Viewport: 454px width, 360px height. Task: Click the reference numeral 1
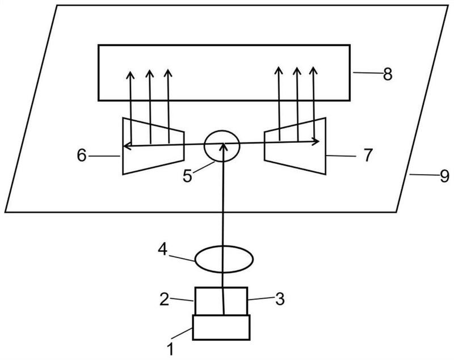tap(171, 349)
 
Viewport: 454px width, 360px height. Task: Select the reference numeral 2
tap(164, 299)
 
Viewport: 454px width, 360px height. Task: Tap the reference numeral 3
tap(280, 299)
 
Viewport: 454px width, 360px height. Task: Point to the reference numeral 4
tap(163, 249)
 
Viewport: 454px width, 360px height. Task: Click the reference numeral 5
tap(187, 176)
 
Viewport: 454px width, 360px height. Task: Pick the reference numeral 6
tap(82, 155)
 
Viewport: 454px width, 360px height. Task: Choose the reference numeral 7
tap(367, 155)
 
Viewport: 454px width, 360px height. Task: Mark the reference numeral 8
tap(388, 74)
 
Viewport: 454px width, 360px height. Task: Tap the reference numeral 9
tap(444, 176)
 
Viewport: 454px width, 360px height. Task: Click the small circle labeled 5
tap(222, 131)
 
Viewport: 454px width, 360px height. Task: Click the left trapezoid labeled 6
tap(123, 146)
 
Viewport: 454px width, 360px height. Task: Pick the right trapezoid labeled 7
tap(325, 146)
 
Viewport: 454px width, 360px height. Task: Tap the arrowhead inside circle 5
tap(222, 146)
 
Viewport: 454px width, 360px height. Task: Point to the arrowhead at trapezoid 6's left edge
tap(126, 146)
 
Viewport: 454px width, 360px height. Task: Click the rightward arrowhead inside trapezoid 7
tap(316, 141)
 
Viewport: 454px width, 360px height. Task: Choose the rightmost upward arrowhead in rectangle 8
tap(313, 70)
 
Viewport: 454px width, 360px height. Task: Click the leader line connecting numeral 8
tap(367, 73)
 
